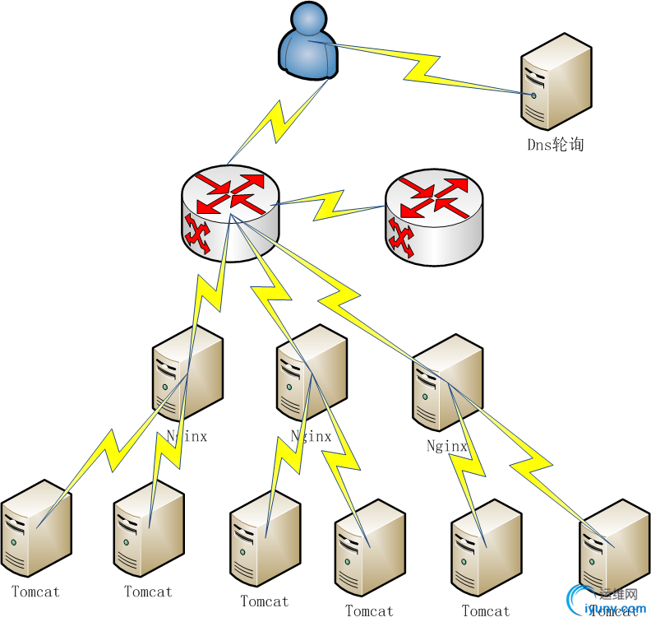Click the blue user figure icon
point(308,44)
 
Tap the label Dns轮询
point(556,144)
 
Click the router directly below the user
point(231,211)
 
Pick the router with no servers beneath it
point(434,218)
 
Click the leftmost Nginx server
point(187,374)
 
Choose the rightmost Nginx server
point(446,382)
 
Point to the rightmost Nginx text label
point(447,447)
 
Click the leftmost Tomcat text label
point(35,591)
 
